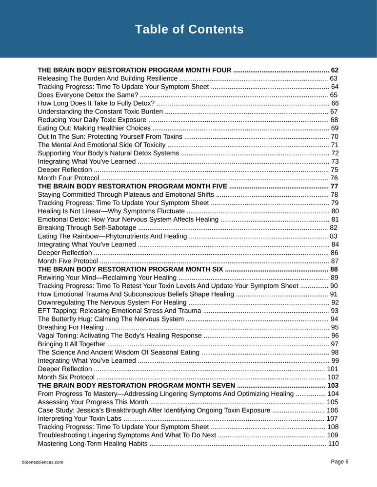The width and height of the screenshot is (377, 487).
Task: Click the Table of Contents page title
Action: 189,29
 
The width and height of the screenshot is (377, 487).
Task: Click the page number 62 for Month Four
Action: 335,70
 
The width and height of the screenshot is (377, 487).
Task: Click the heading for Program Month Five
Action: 133,186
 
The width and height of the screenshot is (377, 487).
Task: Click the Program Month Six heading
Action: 130,269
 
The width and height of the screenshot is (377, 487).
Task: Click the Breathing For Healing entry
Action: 70,327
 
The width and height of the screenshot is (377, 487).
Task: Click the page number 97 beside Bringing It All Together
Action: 335,344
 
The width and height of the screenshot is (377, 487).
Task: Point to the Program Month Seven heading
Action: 136,386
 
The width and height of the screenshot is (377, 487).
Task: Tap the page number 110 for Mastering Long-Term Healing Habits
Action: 334,444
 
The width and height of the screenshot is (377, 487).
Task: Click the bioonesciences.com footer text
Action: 42,462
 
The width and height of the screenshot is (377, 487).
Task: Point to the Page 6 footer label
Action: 340,462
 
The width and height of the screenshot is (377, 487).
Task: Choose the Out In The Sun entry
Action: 110,136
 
